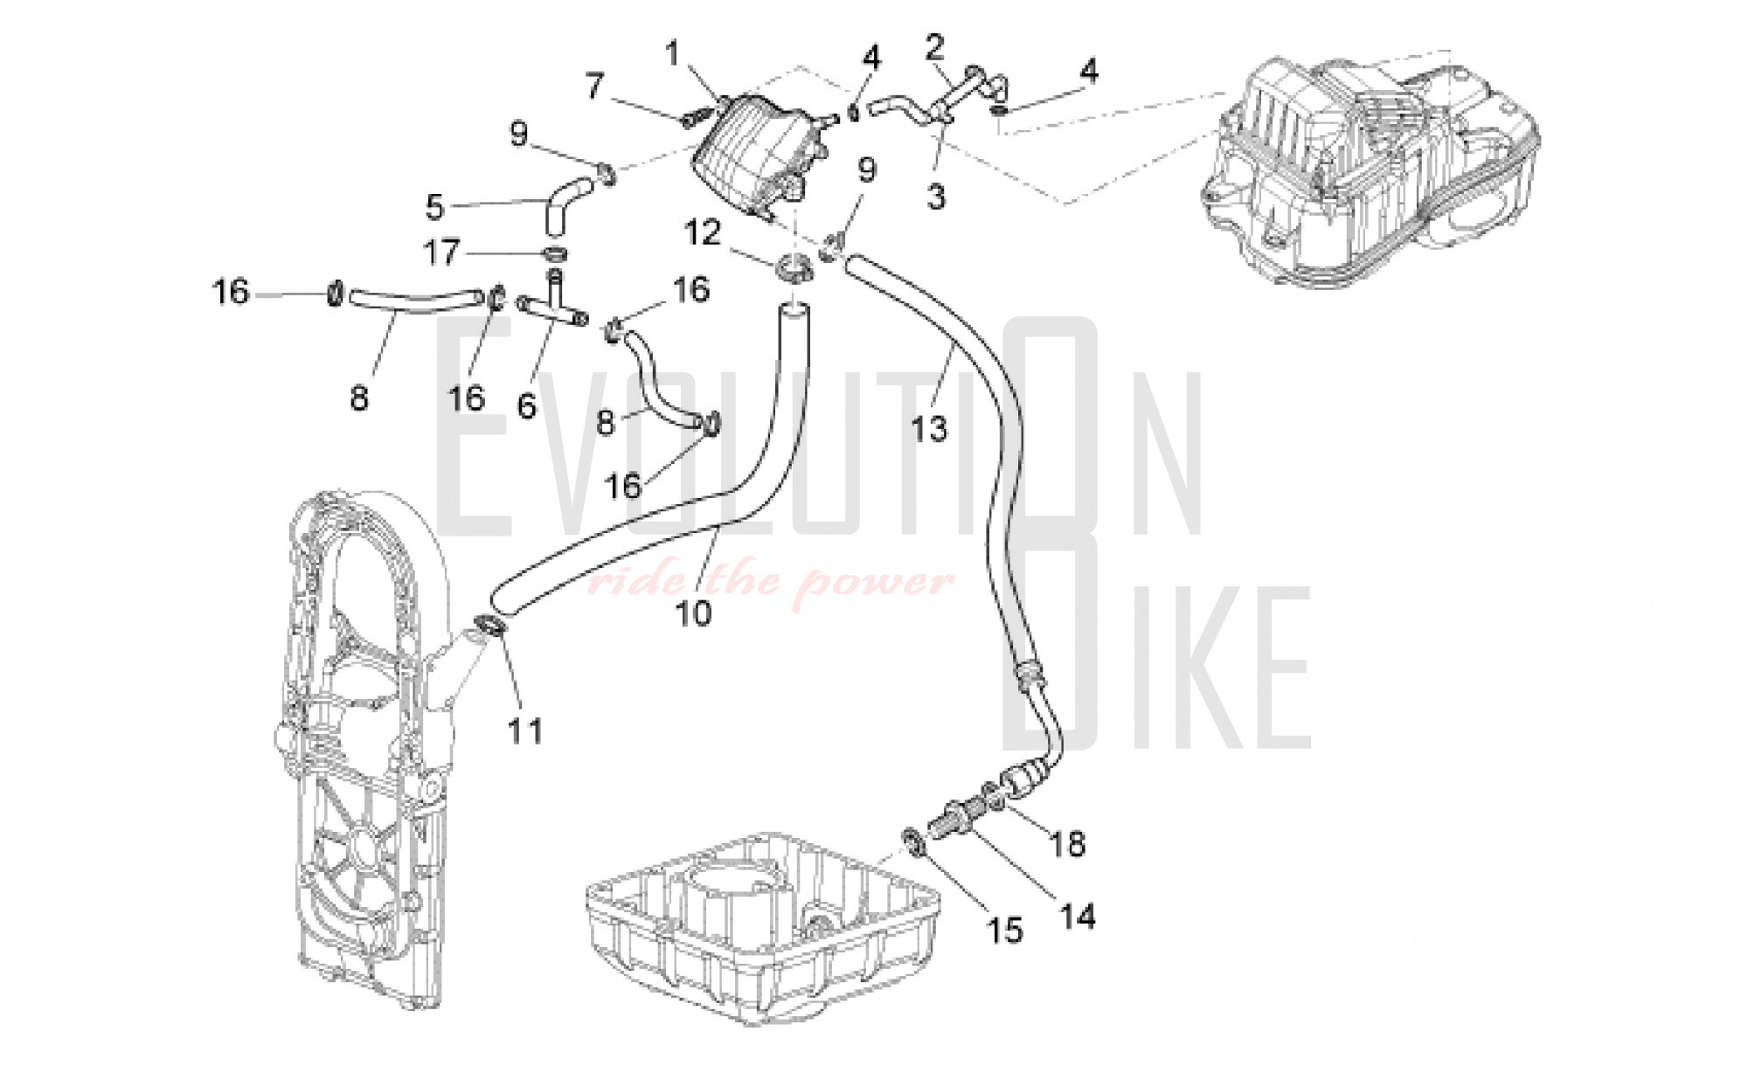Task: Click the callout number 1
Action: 672,54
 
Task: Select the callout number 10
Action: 694,613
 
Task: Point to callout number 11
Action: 526,730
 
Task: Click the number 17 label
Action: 441,253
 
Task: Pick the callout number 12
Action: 703,232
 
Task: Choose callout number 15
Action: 1005,931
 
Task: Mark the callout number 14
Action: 1079,916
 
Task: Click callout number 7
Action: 594,87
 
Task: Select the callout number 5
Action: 434,208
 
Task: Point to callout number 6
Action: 526,405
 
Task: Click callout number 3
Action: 936,196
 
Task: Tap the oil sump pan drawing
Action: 760,926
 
